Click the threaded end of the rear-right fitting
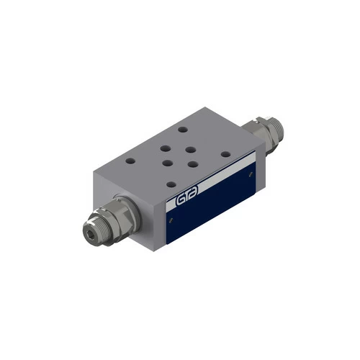276,128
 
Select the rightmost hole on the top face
226,153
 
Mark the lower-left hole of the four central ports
166,162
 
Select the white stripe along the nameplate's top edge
209,180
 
